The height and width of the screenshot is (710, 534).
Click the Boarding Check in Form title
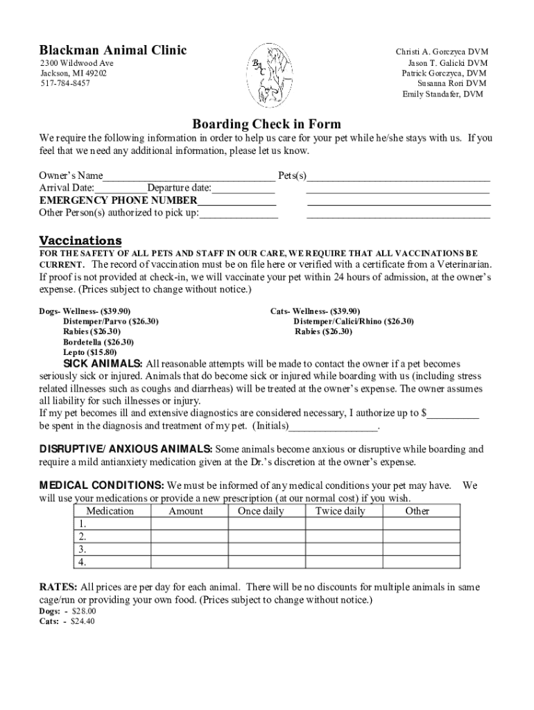click(x=266, y=124)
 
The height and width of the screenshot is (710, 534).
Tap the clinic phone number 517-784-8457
click(x=64, y=83)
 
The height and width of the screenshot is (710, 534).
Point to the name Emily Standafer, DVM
click(x=443, y=94)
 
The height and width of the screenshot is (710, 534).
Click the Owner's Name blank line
click(x=189, y=176)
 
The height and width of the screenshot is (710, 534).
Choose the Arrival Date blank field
click(x=121, y=189)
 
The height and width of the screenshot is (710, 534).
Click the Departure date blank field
click(x=243, y=189)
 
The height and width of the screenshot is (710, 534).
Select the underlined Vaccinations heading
click(x=80, y=240)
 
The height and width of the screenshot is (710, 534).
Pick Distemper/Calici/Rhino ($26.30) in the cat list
click(x=353, y=321)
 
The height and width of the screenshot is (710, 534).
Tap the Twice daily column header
click(x=340, y=511)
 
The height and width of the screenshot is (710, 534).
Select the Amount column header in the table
click(x=186, y=511)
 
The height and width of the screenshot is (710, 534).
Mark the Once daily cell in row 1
click(x=266, y=523)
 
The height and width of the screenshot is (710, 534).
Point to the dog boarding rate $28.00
click(x=84, y=611)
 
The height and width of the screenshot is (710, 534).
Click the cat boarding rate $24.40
click(x=83, y=621)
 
